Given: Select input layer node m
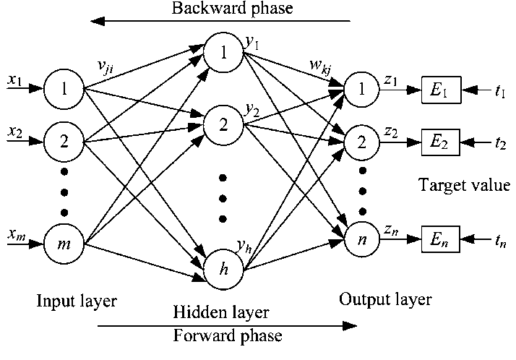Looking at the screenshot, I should pyautogui.click(x=64, y=241).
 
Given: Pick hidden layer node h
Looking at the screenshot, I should pyautogui.click(x=224, y=269).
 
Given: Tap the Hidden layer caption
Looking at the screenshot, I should pyautogui.click(x=221, y=313).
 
